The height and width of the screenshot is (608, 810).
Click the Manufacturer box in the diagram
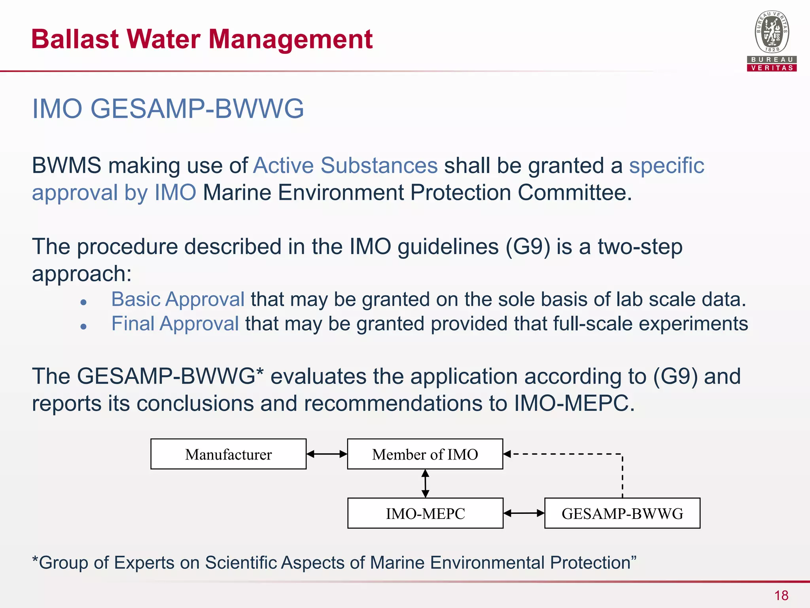228,454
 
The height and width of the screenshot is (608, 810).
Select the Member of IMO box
425,454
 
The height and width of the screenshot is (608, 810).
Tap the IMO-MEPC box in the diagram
425,513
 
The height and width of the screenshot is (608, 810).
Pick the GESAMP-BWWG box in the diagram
622,513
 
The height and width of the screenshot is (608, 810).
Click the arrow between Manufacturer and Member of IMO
327,454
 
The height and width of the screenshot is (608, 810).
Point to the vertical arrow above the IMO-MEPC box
425,483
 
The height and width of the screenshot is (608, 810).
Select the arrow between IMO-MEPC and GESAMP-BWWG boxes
524,513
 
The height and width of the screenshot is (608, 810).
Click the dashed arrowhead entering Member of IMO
507,454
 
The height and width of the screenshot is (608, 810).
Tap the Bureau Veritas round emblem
772,32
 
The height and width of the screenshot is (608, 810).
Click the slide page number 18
781,595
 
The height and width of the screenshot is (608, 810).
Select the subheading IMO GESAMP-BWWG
168,108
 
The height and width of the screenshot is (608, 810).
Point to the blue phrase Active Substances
345,165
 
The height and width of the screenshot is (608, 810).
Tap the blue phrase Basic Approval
178,299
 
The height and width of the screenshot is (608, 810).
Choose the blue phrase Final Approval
175,324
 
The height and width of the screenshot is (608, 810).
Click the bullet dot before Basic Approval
83,302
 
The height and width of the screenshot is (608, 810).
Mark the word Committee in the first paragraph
574,193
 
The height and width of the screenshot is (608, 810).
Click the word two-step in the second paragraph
640,247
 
